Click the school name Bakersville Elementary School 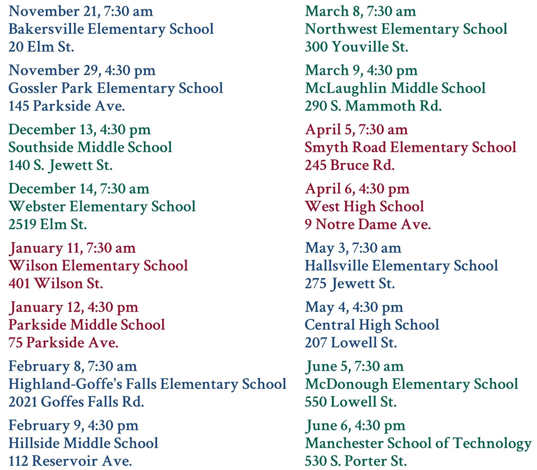pos(111,29)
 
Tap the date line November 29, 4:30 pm pos(82,71)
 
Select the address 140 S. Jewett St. pos(60,165)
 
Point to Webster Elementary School pos(102,207)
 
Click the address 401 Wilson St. pos(56,284)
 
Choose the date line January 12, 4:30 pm pos(74,308)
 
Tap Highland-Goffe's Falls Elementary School pos(147,384)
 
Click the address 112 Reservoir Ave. pos(70,461)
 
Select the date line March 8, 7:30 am pos(360,12)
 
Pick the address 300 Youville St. pos(356,47)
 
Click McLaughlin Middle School pos(395,89)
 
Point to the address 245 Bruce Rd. pos(350,165)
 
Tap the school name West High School pos(364,207)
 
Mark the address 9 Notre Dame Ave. pos(368,224)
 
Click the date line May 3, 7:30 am pos(353,249)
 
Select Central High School pos(372,325)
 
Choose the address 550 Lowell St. pos(351,402)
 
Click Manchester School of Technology pos(418,443)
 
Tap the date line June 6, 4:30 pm pos(355,426)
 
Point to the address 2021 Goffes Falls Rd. pos(76,402)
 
